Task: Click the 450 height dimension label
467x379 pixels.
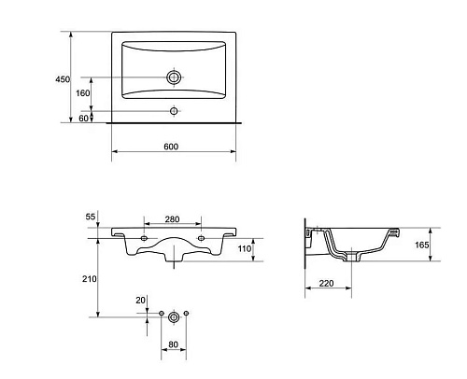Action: coord(63,79)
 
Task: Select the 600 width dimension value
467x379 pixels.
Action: coord(171,147)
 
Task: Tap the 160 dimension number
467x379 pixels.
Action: coord(83,93)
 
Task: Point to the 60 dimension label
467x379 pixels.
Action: coord(83,119)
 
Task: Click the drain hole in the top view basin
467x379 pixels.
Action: coord(174,77)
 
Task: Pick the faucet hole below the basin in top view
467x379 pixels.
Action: coord(174,111)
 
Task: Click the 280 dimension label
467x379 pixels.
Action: coord(172,219)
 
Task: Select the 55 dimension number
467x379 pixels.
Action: coord(91,217)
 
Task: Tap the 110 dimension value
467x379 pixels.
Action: coord(245,248)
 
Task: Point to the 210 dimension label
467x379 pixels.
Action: coord(90,279)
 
